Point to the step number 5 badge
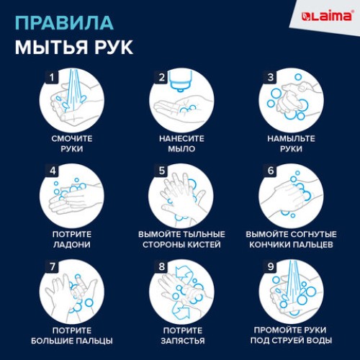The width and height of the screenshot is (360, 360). coord(162,171)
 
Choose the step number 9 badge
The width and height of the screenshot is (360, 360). coord(271,265)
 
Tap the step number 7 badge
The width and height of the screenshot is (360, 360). coord(51,265)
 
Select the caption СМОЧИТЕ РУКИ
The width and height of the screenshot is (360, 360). coord(72,143)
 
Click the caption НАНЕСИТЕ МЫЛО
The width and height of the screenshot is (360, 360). coord(181,143)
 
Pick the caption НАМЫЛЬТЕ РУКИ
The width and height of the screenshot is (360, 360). coord(289,143)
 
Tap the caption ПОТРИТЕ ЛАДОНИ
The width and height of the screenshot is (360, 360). coord(72,239)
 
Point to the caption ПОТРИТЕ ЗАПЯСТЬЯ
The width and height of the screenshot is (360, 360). coord(181,335)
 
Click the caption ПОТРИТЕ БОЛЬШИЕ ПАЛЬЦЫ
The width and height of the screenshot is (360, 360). coord(72,335)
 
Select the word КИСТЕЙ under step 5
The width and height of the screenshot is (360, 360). coord(205,245)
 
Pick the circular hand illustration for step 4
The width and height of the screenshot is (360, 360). coord(72,198)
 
